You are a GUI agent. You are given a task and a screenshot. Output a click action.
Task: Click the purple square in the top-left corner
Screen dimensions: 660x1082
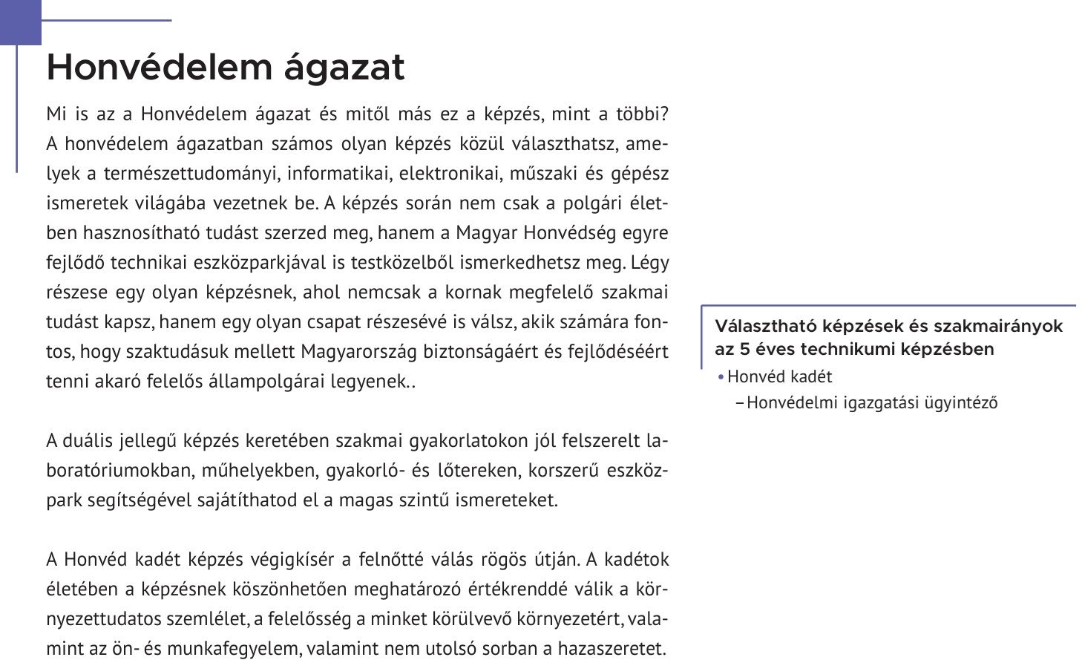[x=20, y=22]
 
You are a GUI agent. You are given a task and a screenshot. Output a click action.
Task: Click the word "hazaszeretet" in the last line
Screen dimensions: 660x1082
[x=615, y=648]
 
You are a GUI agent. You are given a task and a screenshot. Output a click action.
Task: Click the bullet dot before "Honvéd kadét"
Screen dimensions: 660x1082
[x=721, y=377]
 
